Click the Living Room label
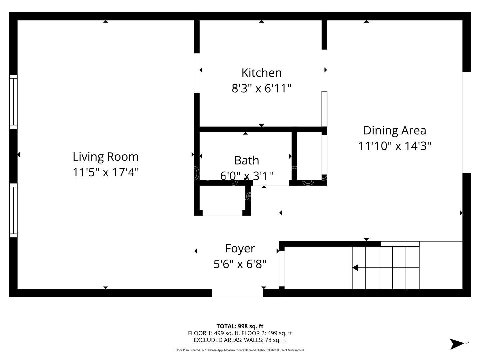coord(106,157)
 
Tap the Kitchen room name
coord(262,73)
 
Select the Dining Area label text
coord(395,130)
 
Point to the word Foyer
coord(240,249)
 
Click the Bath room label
coord(247,160)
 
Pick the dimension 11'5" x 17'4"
coord(106,172)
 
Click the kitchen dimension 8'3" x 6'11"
coord(262,89)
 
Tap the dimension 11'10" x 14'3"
coord(395,146)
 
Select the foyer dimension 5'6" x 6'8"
coord(240,264)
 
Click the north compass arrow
coord(457,344)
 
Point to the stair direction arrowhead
coord(355,268)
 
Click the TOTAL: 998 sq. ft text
coord(240,326)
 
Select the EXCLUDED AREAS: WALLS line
coord(240,340)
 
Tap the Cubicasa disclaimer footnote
coord(240,350)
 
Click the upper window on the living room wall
coord(13,102)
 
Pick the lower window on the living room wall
coord(13,210)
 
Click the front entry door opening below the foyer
coord(237,293)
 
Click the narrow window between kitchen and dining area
coord(324,109)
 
